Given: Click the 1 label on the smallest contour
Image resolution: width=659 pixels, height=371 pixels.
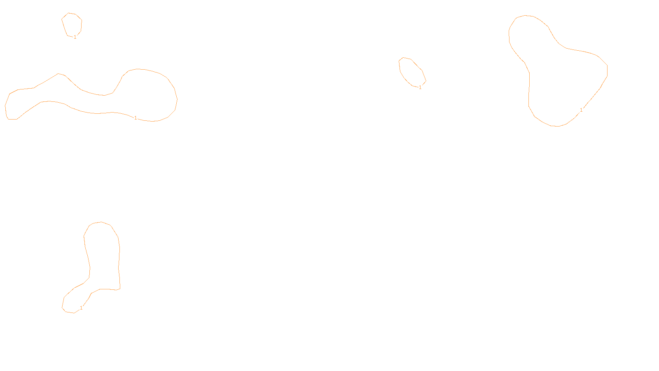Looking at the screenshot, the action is pos(75,37).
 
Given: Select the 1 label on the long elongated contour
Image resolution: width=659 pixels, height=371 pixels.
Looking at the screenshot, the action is pos(136,118).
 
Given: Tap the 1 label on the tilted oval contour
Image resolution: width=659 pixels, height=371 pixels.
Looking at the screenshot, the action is pos(420,87).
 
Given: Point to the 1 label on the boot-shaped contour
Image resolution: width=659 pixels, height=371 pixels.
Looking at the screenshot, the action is pos(81,308).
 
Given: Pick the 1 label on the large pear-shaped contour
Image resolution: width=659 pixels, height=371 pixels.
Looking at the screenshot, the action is pos(581,110).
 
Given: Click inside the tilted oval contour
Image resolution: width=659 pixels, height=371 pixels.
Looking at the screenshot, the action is pos(411,72).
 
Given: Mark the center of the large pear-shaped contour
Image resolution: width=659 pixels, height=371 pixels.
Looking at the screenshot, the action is pos(564,82).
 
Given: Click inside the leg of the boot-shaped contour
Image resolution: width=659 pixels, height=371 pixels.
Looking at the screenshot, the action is pos(103,256).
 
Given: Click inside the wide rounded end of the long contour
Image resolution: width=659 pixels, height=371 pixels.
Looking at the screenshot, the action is pos(148,95).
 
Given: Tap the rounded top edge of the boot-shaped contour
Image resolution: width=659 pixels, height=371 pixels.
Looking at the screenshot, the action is pos(101,222).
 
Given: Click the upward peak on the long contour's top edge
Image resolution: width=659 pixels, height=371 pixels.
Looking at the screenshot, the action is pos(59,74).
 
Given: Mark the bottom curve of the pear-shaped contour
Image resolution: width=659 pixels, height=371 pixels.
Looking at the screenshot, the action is pos(556,126).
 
